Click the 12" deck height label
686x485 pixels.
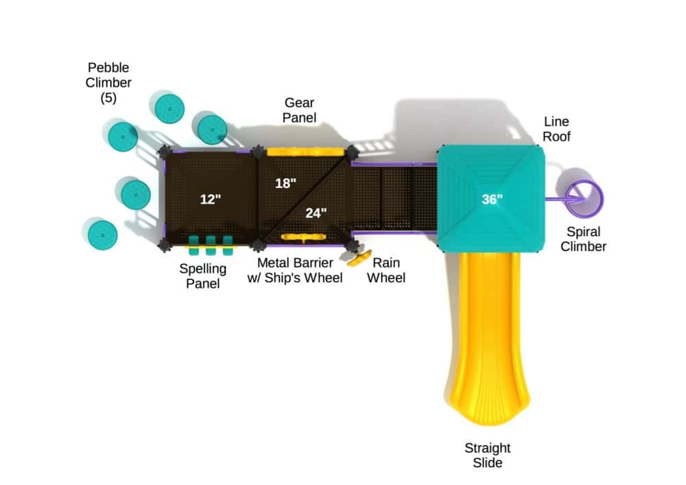(211, 200)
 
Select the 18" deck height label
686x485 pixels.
(285, 183)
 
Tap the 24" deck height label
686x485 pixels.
(316, 213)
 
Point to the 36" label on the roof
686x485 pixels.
(492, 200)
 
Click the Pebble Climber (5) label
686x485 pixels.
(108, 82)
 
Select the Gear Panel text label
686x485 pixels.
(300, 110)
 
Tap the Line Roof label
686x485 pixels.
(556, 129)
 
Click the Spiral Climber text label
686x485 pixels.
(583, 239)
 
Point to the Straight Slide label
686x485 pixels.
(488, 456)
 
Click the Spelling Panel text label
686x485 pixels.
(203, 275)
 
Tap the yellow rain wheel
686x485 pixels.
(359, 259)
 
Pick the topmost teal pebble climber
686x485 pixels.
(168, 108)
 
